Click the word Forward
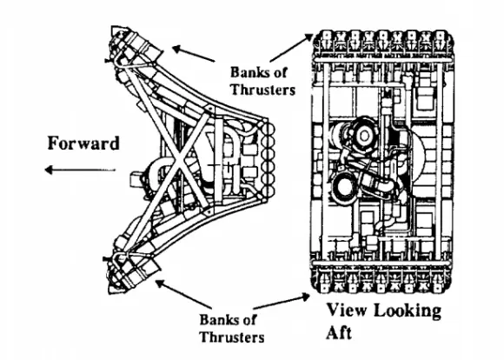(x=83, y=143)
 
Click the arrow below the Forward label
(x=80, y=170)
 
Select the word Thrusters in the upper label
(x=262, y=90)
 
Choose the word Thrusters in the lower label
(x=232, y=337)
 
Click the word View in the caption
(x=347, y=310)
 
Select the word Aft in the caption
(x=339, y=332)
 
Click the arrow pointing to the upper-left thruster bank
(x=194, y=54)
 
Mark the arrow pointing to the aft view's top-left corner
(x=291, y=47)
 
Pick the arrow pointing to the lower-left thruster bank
(x=183, y=294)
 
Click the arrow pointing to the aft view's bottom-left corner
(x=282, y=302)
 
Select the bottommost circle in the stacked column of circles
(x=269, y=191)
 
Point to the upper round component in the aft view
(x=364, y=136)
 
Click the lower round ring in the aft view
(x=345, y=185)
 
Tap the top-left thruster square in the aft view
(x=327, y=35)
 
